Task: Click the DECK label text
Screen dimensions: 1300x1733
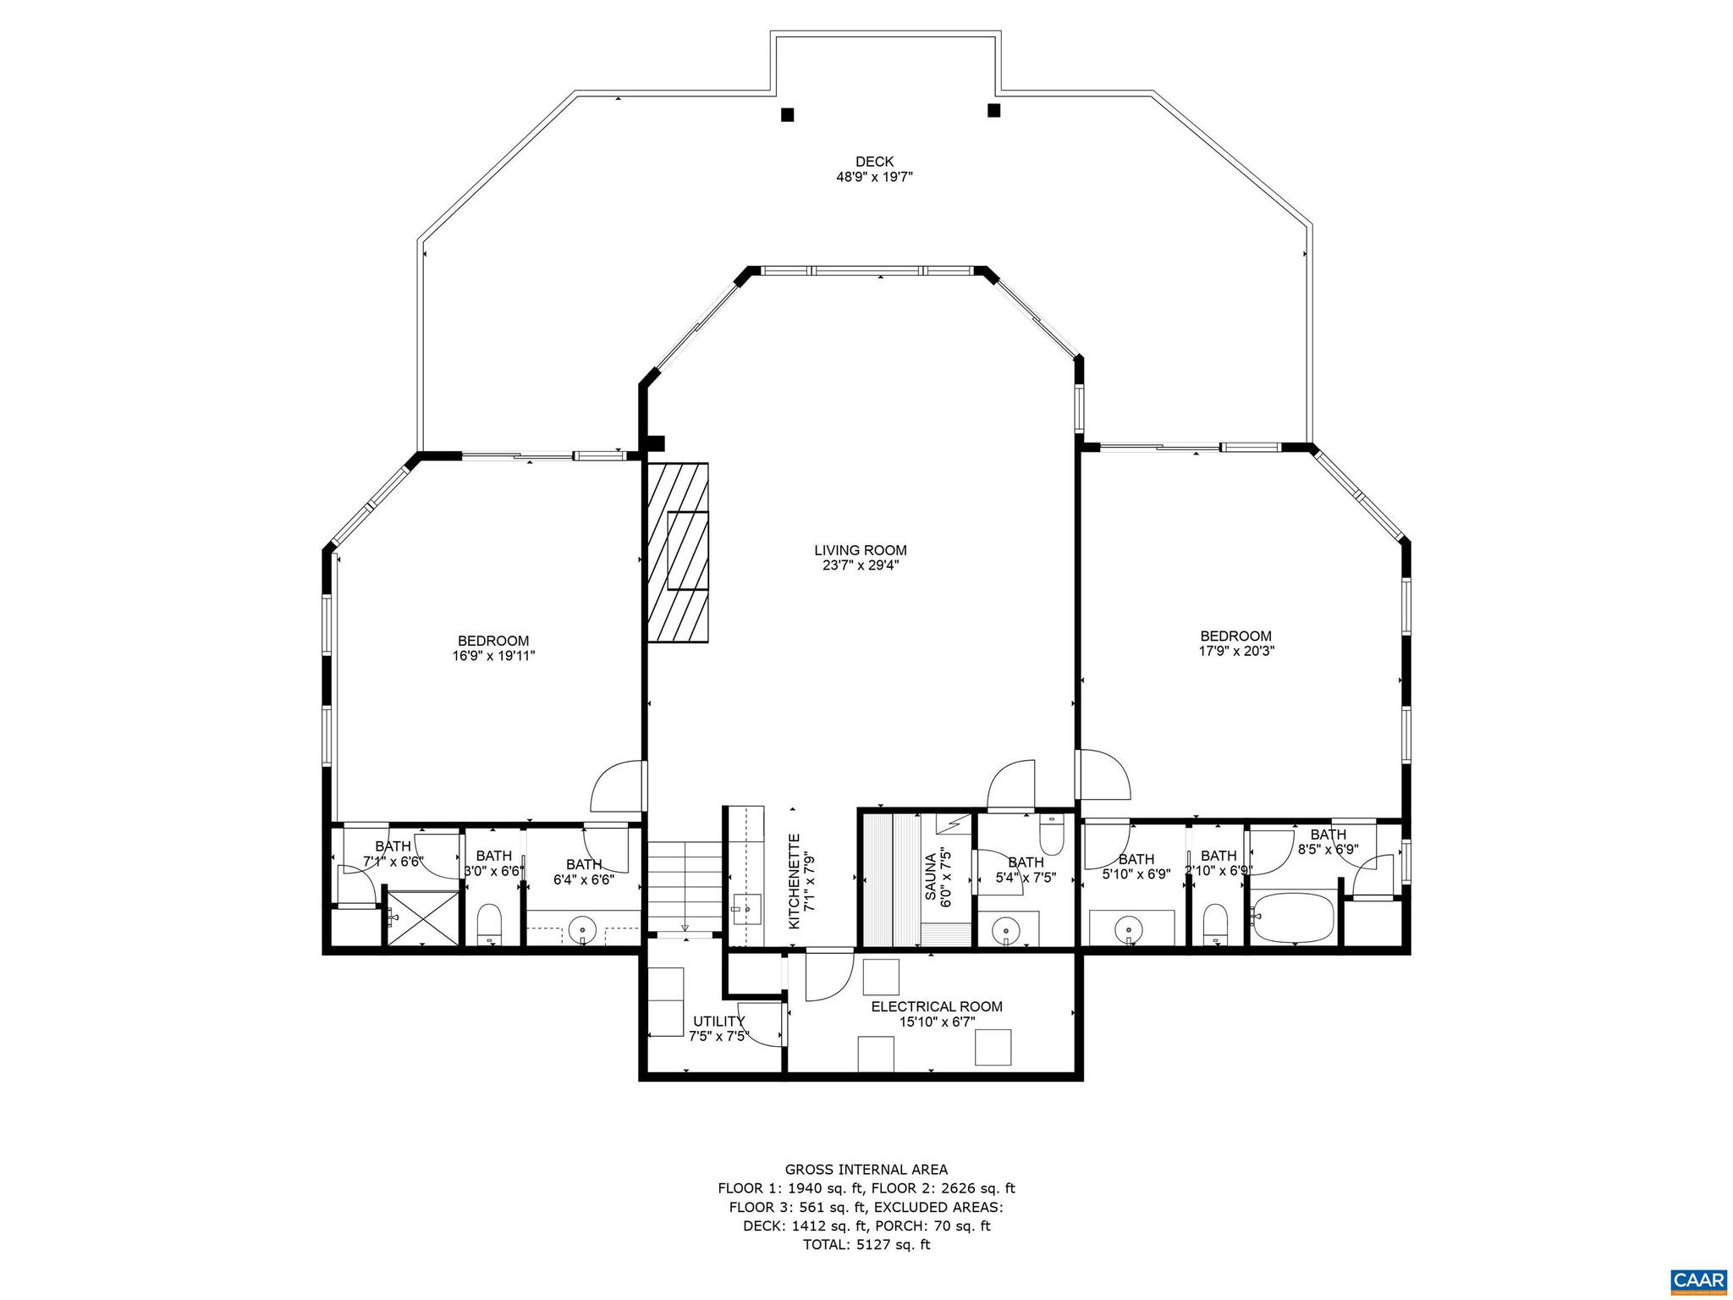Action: [x=874, y=162]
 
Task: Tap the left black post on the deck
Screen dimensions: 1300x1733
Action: [x=787, y=114]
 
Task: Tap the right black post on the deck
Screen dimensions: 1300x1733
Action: [x=993, y=110]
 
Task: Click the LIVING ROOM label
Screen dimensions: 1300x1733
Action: [x=861, y=550]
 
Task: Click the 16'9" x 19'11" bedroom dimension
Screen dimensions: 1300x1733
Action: [x=493, y=655]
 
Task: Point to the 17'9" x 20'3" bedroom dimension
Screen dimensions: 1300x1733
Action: [x=1235, y=651]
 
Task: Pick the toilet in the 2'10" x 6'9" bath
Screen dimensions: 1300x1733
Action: [x=1215, y=924]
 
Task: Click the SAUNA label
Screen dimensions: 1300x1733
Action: [x=931, y=876]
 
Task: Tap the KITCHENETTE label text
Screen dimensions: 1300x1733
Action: [x=795, y=881]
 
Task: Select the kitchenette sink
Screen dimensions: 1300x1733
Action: [x=746, y=908]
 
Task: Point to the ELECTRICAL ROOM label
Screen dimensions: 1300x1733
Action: [x=937, y=1006]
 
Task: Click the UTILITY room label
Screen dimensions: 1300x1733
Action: [x=718, y=1021]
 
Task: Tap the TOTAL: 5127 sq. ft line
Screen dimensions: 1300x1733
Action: [x=866, y=1244]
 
